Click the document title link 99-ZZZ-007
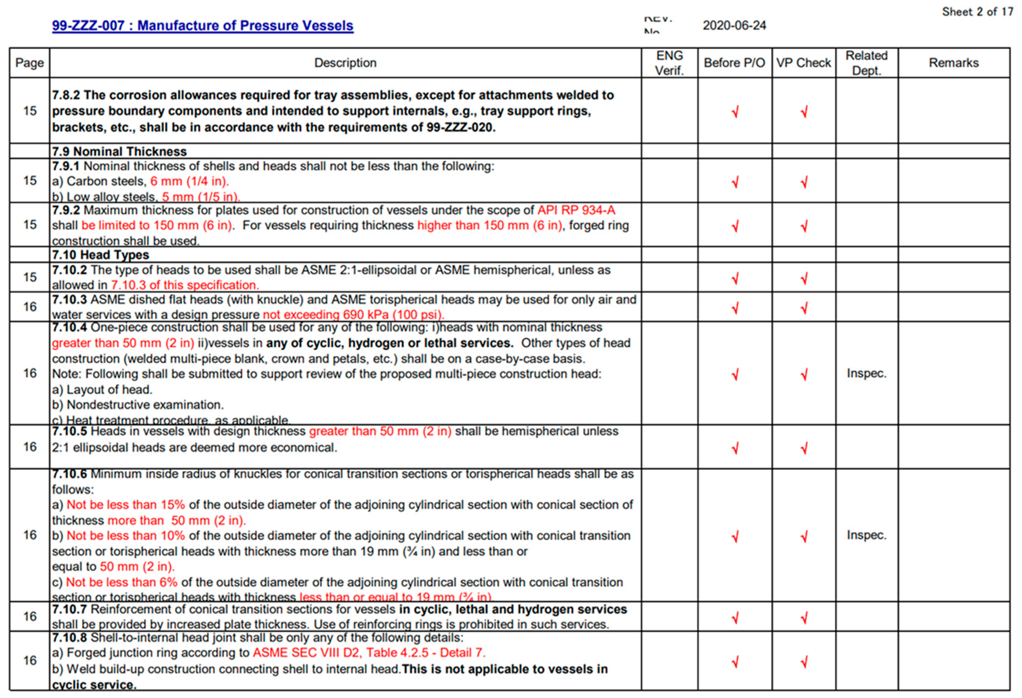[x=202, y=25]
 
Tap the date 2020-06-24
[x=734, y=25]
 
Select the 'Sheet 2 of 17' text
[x=977, y=12]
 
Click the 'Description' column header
[x=345, y=63]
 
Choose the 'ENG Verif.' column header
[x=669, y=63]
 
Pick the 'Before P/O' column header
[x=734, y=63]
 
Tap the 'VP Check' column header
[x=803, y=63]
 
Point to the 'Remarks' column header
[x=953, y=63]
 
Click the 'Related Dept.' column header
[x=866, y=63]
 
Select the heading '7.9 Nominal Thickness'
[x=120, y=151]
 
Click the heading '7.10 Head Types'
[x=101, y=255]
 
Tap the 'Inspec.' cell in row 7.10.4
[x=866, y=373]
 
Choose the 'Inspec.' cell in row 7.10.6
[x=866, y=535]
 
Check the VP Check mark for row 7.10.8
[x=804, y=662]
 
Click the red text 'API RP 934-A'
[x=576, y=210]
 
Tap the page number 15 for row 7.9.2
[x=30, y=225]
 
